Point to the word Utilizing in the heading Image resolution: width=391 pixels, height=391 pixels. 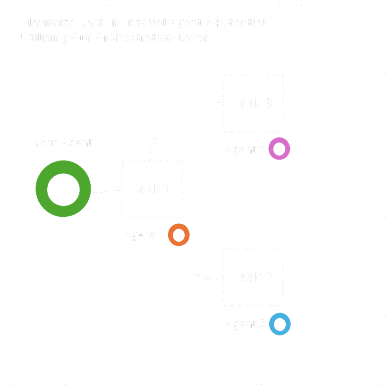pyautogui.click(x=40, y=38)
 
